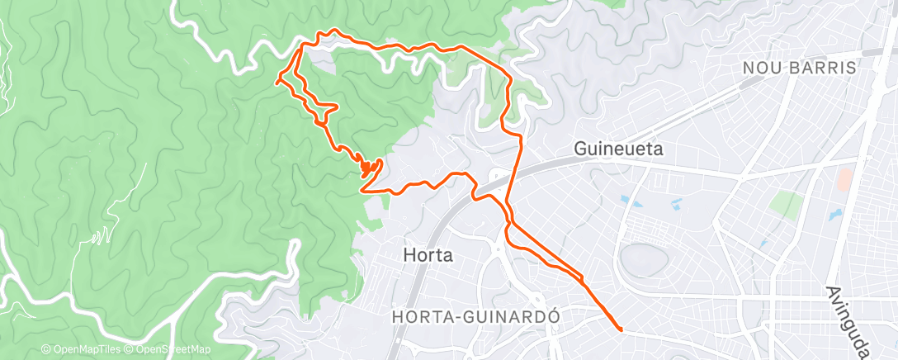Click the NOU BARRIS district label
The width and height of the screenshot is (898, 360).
tap(799, 69)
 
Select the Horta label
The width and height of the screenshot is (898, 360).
tap(428, 255)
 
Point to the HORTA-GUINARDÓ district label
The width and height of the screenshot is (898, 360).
tap(477, 316)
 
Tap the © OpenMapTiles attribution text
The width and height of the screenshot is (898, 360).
tap(80, 350)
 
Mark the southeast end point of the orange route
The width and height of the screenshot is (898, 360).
tap(621, 329)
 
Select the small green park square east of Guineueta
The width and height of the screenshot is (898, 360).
tap(786, 202)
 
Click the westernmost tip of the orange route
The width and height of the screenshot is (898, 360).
tap(276, 82)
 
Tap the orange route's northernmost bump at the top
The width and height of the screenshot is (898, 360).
tap(333, 31)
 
